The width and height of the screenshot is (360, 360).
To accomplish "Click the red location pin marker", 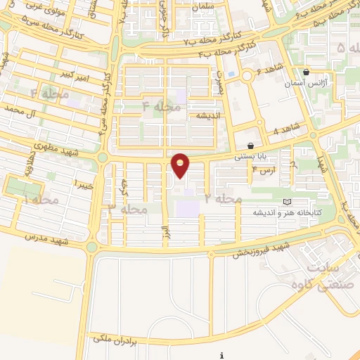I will (181, 166).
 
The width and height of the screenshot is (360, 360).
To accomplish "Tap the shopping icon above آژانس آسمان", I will (306, 72).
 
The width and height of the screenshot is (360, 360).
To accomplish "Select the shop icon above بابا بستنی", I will (250, 146).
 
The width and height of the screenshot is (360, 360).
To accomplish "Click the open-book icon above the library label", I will (286, 202).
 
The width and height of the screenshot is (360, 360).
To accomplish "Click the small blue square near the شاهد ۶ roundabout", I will (231, 74).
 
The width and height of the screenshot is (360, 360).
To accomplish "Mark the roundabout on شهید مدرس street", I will (91, 247).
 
